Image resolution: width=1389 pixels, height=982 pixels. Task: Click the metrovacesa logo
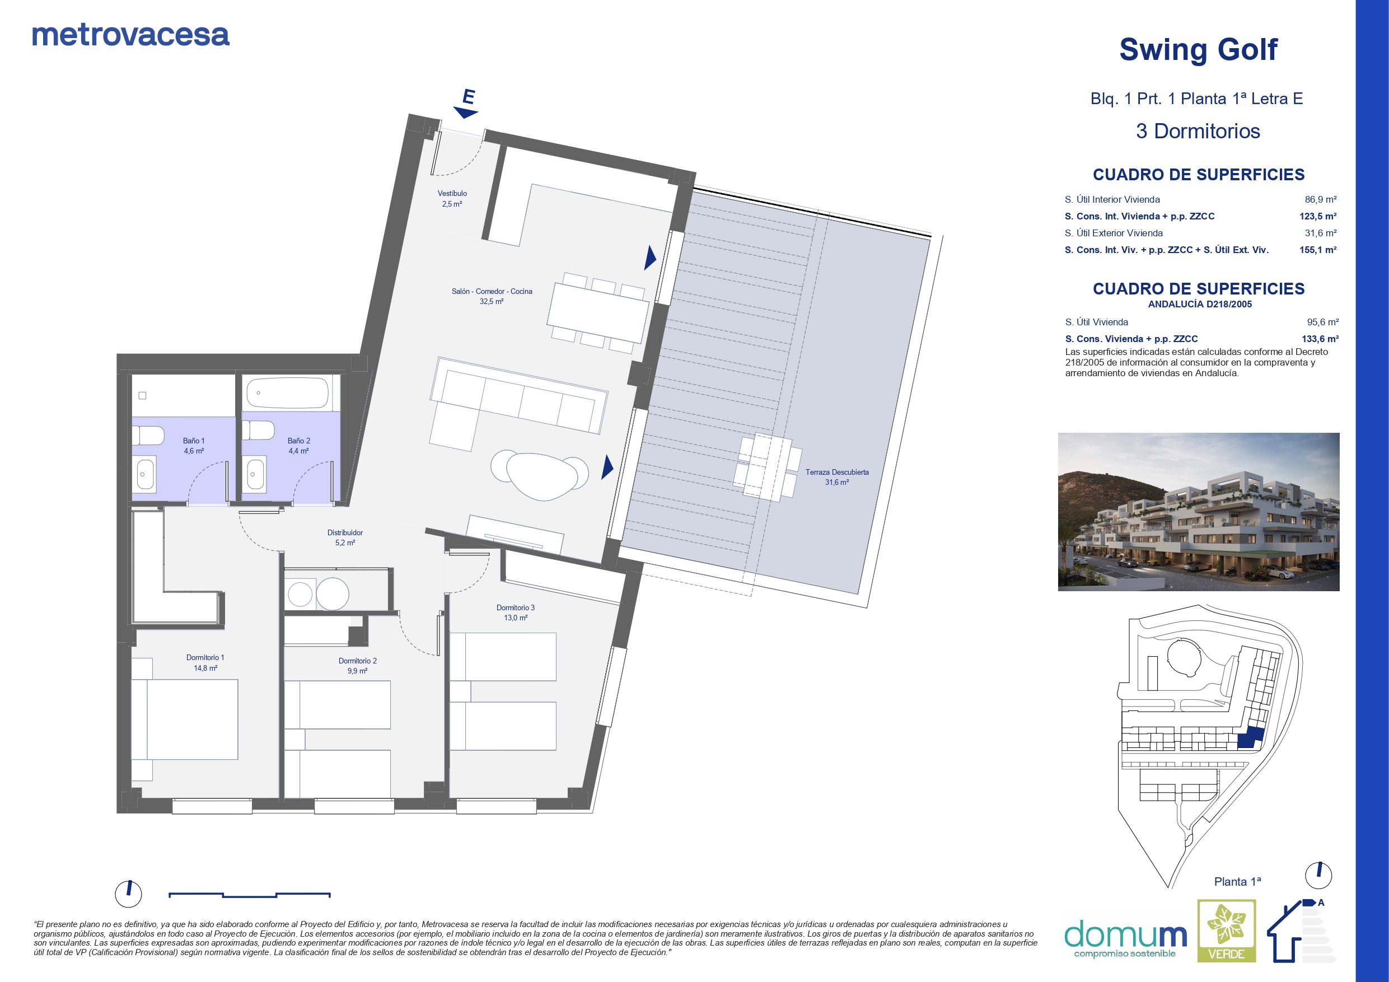pos(130,35)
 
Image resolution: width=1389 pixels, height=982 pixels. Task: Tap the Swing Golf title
pos(1199,50)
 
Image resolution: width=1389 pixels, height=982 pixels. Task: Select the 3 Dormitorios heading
pos(1198,132)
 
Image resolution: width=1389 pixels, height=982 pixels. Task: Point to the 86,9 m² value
pos(1321,199)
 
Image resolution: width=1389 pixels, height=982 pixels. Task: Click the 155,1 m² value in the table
pos(1317,250)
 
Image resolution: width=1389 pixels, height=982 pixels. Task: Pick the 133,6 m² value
pos(1320,339)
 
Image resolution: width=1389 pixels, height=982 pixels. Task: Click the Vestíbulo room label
pos(452,194)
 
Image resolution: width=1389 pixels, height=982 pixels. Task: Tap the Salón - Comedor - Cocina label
pos(492,291)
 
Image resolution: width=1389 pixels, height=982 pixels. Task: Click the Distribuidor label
pos(345,532)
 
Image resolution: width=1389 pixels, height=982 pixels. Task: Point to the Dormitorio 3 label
pos(516,607)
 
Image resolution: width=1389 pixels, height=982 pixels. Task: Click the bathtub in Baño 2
pos(287,393)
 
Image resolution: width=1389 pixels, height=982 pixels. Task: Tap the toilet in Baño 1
pos(148,435)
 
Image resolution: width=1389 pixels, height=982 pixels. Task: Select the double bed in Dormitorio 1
pos(185,719)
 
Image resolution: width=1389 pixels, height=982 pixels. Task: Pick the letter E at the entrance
pos(468,97)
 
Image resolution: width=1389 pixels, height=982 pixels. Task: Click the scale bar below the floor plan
pos(249,895)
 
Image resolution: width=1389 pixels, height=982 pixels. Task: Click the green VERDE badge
pos(1227,930)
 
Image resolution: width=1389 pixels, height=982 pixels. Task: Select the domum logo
pos(1125,939)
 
